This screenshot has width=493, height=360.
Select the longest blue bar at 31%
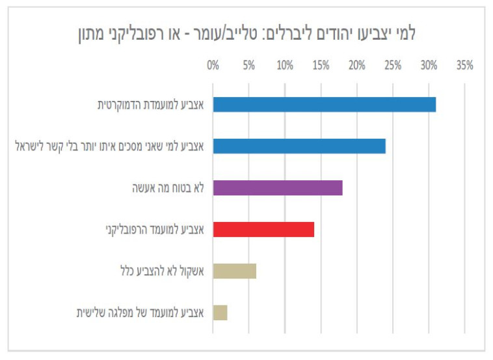(x=324, y=104)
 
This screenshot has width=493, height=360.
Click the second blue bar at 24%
(x=299, y=146)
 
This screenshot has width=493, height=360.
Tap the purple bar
(x=278, y=188)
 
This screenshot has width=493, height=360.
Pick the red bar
(x=263, y=229)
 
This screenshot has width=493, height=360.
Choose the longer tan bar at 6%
(x=234, y=271)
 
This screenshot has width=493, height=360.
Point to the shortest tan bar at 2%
(x=220, y=312)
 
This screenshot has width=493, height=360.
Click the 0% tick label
(x=213, y=66)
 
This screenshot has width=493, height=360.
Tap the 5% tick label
(x=248, y=66)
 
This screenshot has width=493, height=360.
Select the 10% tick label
(x=284, y=66)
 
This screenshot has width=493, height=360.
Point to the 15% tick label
(x=320, y=66)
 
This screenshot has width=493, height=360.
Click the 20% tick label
(x=356, y=66)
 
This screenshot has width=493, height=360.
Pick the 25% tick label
(x=392, y=66)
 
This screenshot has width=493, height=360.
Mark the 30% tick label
(x=428, y=66)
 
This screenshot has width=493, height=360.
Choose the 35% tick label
(x=464, y=66)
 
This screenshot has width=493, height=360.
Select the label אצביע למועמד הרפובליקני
(x=155, y=229)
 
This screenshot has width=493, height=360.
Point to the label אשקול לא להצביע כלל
(x=162, y=271)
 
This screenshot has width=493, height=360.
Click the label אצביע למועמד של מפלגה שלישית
(x=140, y=312)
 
